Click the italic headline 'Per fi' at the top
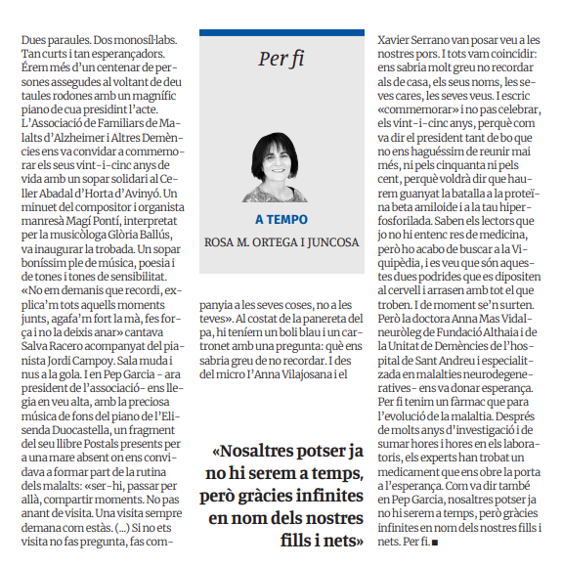281,59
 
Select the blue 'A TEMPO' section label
281,219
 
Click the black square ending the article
433,541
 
